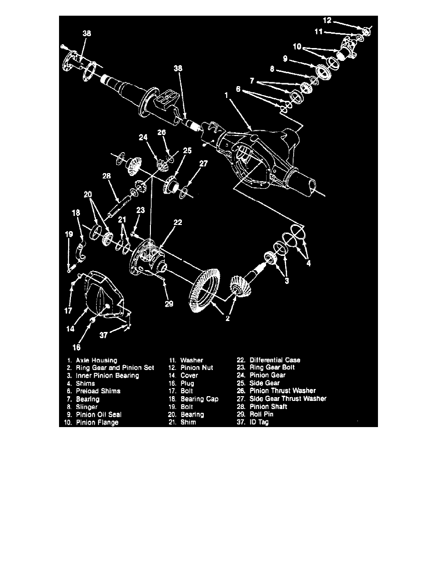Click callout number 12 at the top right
pyautogui.click(x=327, y=20)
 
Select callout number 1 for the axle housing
pyautogui.click(x=228, y=95)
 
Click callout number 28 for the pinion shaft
pyautogui.click(x=106, y=176)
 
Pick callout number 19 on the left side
pyautogui.click(x=69, y=234)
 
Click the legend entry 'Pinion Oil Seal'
pyautogui.click(x=97, y=414)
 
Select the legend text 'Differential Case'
pyautogui.click(x=275, y=360)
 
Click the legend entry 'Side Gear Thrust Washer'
pyautogui.click(x=288, y=399)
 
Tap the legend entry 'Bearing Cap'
pyautogui.click(x=199, y=399)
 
